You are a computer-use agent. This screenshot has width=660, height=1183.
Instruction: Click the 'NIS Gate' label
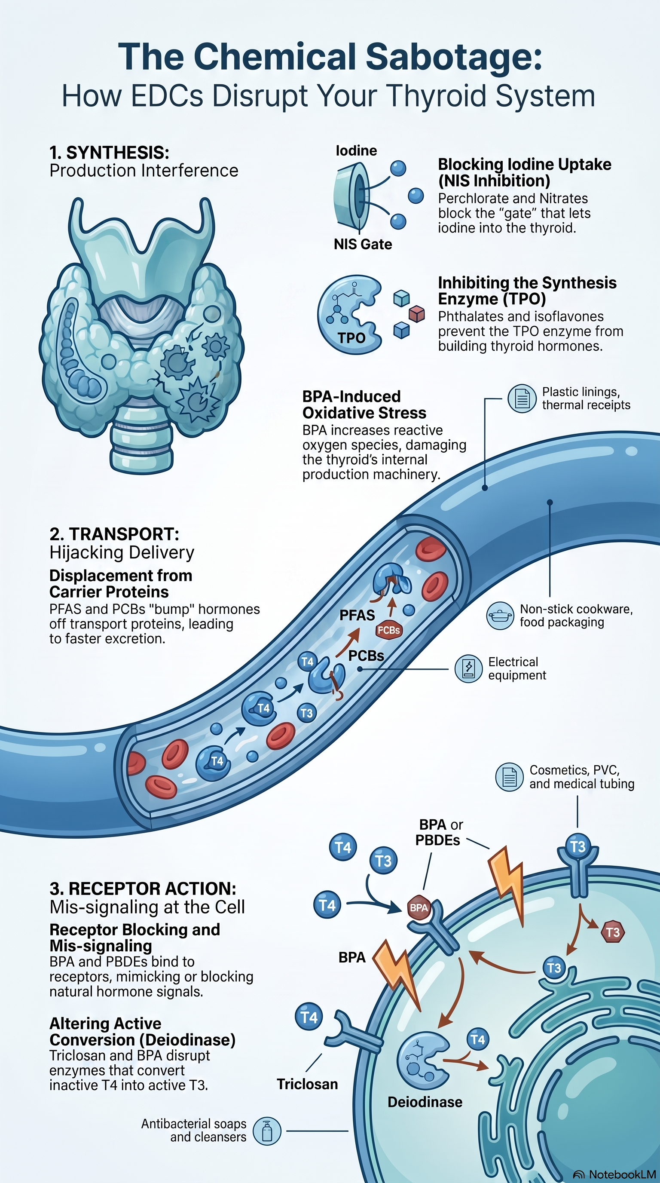coord(363,244)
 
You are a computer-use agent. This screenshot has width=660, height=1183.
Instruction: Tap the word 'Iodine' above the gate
coord(356,150)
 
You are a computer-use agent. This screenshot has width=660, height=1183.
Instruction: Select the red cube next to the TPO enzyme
coord(417,314)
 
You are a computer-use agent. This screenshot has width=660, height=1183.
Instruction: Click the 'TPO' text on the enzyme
coord(351,338)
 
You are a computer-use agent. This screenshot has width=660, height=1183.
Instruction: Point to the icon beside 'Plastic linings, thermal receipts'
coord(522,398)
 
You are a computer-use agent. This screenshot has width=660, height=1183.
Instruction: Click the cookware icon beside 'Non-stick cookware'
coord(500,616)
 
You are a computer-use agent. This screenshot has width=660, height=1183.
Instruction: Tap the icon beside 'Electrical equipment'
coord(468,668)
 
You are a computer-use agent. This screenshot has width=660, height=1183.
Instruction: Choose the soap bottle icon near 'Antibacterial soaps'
coord(267,1131)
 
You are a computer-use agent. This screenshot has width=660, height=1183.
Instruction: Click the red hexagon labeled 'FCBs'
coord(389,630)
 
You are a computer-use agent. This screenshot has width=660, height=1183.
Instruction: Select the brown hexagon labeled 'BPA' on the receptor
coord(419,907)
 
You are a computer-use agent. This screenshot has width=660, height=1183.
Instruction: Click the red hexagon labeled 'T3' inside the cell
coord(613,932)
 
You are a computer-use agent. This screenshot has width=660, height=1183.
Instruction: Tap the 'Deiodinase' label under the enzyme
coord(425,1102)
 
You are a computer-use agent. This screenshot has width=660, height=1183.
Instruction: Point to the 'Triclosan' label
coord(307,1084)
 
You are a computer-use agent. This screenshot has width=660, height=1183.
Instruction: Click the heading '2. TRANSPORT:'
coord(114,533)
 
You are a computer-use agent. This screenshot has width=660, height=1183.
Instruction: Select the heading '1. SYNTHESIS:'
coord(109,153)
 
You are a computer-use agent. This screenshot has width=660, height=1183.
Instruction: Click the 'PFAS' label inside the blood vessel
coord(357,615)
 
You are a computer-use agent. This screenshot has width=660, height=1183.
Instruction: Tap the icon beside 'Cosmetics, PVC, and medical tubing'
coord(510,777)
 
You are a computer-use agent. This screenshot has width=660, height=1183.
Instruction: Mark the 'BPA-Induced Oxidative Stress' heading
coord(364,405)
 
